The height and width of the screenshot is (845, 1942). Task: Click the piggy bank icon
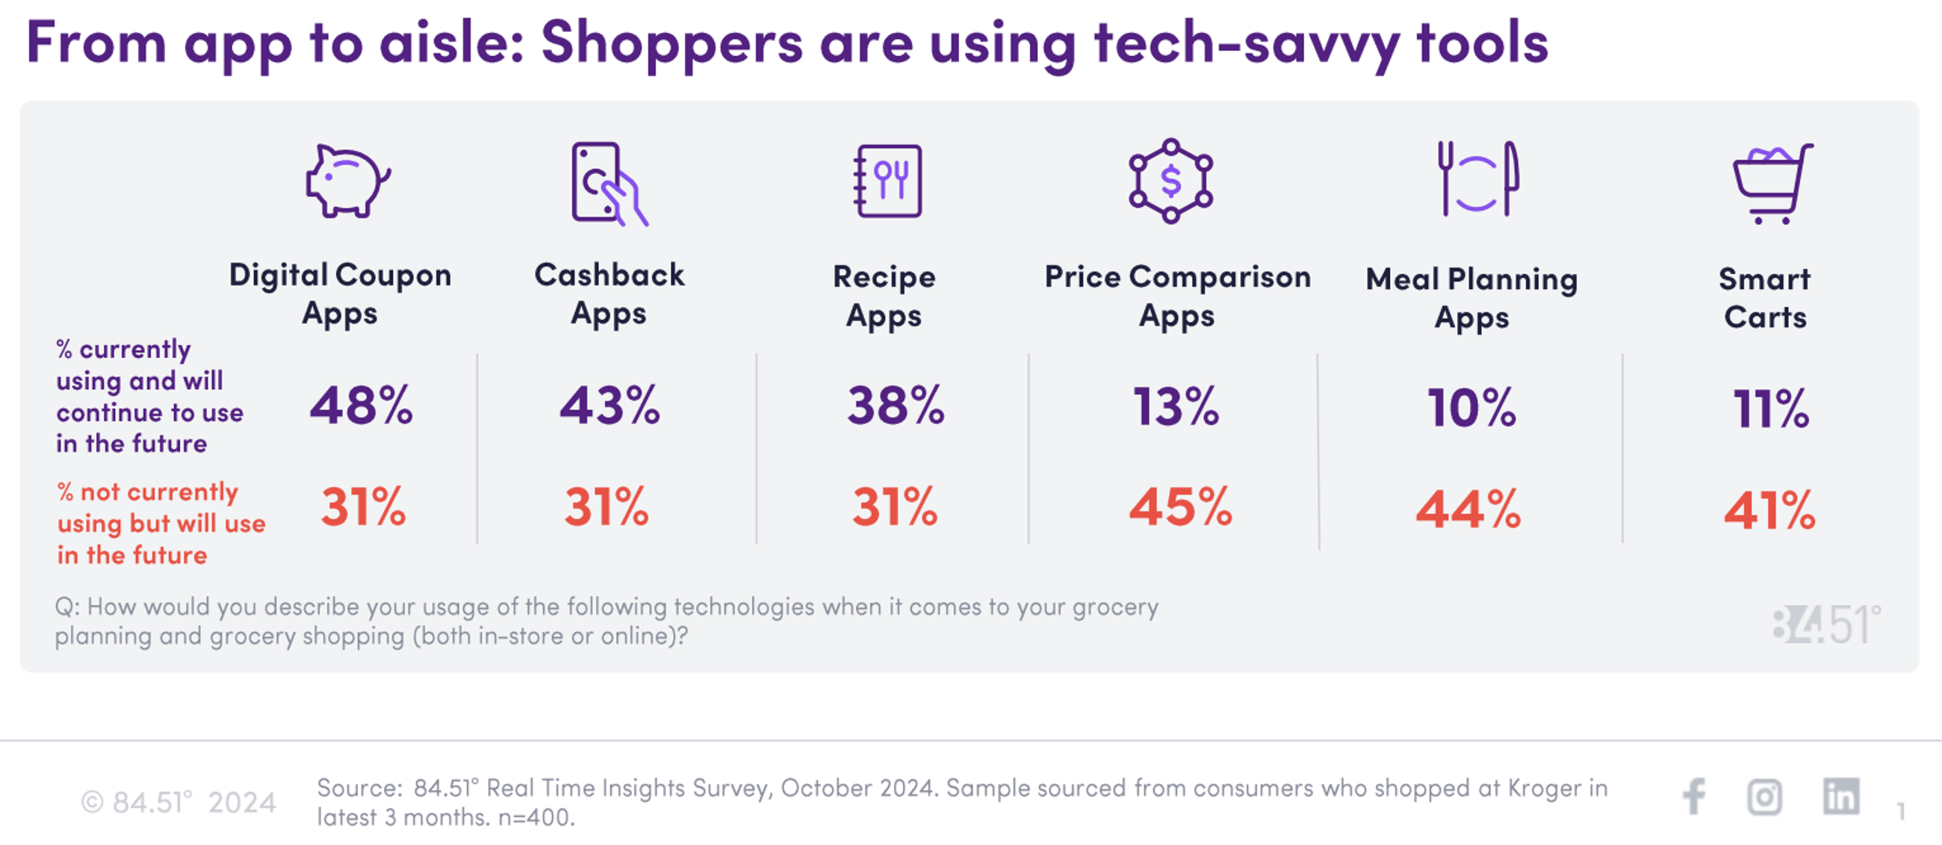pos(347,182)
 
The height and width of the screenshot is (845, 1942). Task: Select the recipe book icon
pos(888,181)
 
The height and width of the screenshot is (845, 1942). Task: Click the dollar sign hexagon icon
pos(1170,181)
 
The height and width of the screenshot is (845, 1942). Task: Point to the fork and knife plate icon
pos(1477,179)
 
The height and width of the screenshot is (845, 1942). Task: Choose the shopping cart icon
pos(1772,183)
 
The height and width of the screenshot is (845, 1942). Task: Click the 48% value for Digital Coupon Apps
pos(361,406)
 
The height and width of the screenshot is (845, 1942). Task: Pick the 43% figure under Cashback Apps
pos(609,406)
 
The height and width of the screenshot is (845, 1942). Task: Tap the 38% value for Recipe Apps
pos(895,406)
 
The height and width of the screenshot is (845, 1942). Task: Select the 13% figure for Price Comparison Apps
pos(1176,407)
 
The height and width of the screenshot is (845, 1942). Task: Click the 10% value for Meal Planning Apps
pos(1471,408)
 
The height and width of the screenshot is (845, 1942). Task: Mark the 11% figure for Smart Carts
pos(1770,409)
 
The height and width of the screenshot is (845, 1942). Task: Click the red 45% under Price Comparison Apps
pos(1180,507)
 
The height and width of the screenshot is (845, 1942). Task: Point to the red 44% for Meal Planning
pos(1468,510)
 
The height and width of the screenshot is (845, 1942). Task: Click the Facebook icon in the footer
pos(1694,796)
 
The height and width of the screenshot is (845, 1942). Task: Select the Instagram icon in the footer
pos(1764,796)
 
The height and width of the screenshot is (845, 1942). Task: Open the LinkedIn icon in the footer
pos(1840,796)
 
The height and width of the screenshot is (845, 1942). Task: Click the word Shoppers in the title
pos(671,44)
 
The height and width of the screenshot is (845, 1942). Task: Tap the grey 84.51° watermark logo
pos(1826,625)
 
